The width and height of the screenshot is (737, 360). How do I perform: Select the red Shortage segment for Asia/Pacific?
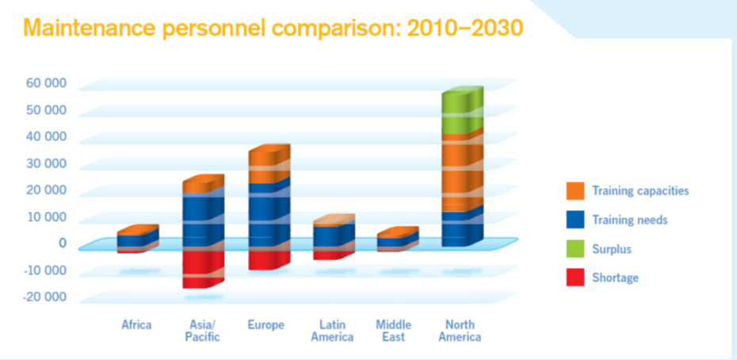203,268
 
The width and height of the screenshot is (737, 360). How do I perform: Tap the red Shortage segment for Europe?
265,260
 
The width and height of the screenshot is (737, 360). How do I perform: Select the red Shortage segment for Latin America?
328,255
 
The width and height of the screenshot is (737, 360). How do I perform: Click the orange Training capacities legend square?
575,191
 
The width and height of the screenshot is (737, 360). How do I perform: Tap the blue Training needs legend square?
575,220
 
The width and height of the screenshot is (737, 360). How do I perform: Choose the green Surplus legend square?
575,249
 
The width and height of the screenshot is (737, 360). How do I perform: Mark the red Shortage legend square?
575,278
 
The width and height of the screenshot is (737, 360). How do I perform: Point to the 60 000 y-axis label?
46,82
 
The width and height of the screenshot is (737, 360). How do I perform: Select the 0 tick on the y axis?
62,243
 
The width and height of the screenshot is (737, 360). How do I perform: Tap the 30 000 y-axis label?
46,163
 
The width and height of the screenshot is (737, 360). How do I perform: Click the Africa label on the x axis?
136,324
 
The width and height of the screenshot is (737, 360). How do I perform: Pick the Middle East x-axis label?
393,331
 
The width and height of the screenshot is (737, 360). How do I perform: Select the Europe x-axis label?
265,324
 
